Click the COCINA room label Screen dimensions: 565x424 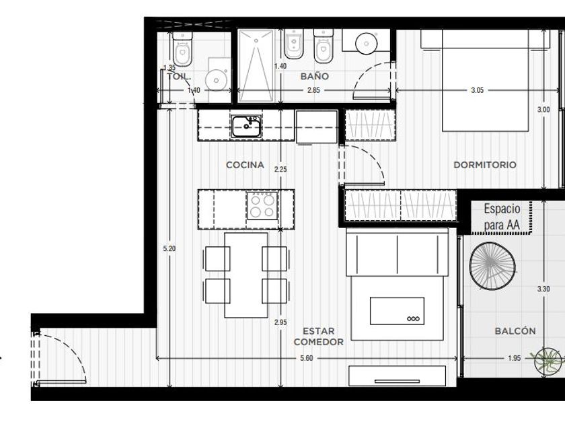click(x=245, y=165)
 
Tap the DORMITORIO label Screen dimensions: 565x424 click(x=485, y=165)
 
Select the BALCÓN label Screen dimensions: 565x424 click(x=515, y=331)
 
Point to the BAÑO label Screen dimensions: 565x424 click(x=315, y=76)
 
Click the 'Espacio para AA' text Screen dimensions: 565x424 click(x=502, y=217)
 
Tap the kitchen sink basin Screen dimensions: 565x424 click(x=246, y=127)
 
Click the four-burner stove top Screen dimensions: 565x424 click(x=262, y=206)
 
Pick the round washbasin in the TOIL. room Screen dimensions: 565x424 click(x=216, y=80)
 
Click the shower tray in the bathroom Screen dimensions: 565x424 click(x=256, y=66)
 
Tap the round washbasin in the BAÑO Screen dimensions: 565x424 click(x=367, y=44)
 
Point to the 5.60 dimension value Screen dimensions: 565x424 click(x=306, y=358)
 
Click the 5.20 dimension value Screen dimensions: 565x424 click(x=169, y=248)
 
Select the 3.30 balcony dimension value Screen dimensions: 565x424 click(x=543, y=289)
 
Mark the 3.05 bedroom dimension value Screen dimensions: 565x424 click(x=477, y=90)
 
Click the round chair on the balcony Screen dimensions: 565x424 click(x=492, y=266)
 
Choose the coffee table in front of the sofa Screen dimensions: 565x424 click(x=397, y=311)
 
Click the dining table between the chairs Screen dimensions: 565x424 click(x=246, y=275)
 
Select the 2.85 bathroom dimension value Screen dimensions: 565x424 click(x=313, y=90)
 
